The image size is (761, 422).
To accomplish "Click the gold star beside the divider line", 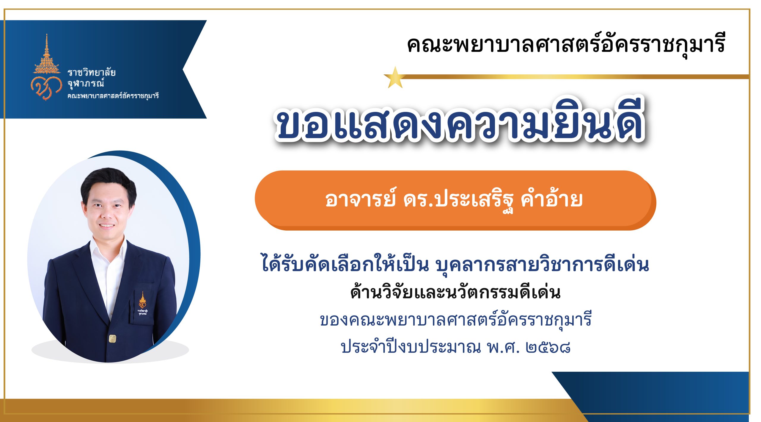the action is pos(395,78).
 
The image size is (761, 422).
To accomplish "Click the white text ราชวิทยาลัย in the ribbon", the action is pos(91,72).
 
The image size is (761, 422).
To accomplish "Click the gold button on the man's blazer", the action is pos(112,338).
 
